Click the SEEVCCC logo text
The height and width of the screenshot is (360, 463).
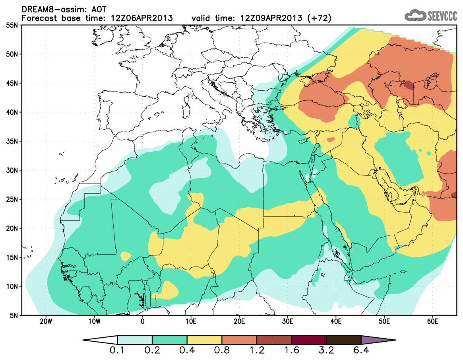pos(442,16)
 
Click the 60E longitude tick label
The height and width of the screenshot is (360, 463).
pos(432,321)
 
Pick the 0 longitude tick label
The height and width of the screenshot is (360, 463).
pos(143,321)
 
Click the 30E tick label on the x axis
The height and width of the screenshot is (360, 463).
pos(287,321)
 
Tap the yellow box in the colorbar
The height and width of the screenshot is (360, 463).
pos(205,340)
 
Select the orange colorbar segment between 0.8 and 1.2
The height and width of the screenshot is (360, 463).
pos(239,340)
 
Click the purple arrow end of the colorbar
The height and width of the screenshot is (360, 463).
pos(378,340)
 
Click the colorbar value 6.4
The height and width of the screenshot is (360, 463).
pos(361,351)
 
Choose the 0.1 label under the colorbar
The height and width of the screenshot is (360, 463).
pos(118,351)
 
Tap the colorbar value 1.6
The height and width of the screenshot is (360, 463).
pos(291,351)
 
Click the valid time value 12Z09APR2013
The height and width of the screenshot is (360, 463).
pos(272,18)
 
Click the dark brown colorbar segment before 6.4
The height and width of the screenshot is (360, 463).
pos(343,340)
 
